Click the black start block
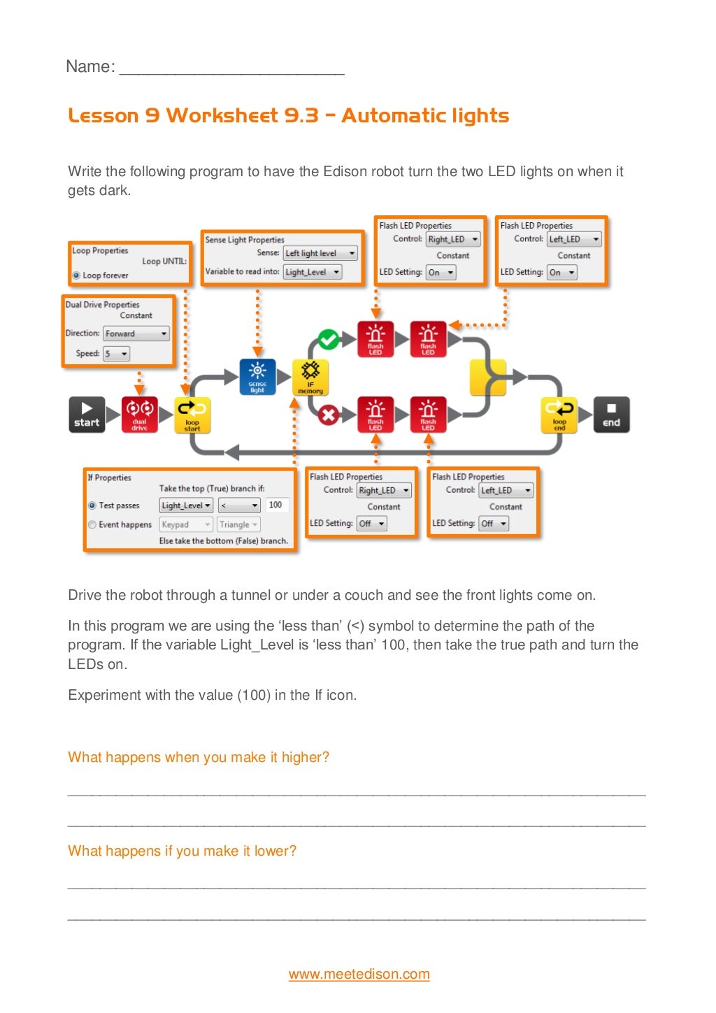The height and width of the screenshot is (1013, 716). tap(87, 415)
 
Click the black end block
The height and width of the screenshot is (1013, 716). tap(611, 415)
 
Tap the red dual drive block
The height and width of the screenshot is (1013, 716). tap(140, 415)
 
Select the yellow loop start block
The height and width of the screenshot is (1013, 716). tap(192, 415)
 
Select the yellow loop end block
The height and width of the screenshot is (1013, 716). tap(559, 415)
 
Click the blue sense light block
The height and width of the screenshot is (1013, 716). tap(257, 378)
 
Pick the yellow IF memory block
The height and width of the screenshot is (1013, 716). tap(310, 378)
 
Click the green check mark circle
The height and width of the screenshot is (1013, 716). tap(327, 340)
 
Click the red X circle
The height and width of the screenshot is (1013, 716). tap(327, 415)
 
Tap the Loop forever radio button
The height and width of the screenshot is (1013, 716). tap(76, 275)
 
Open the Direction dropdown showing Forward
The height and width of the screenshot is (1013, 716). tap(136, 333)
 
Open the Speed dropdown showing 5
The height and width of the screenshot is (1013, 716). tap(117, 354)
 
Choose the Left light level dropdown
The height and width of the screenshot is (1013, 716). tap(320, 253)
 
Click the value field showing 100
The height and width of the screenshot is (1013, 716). tap(276, 505)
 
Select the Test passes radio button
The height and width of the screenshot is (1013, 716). tap(92, 505)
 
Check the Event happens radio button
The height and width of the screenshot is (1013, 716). tap(92, 524)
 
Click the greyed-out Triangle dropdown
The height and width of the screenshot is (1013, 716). tap(238, 524)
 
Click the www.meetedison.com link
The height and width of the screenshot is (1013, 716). tap(359, 974)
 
